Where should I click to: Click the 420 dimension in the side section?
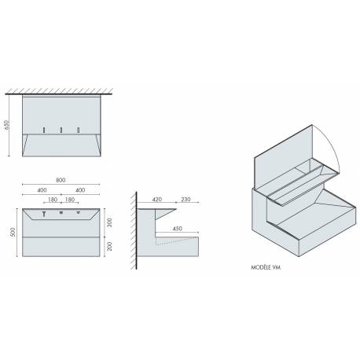pyautogui.click(x=158, y=199)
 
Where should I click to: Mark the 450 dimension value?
pyautogui.click(x=178, y=229)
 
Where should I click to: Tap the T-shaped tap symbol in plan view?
pyautogui.click(x=46, y=213)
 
